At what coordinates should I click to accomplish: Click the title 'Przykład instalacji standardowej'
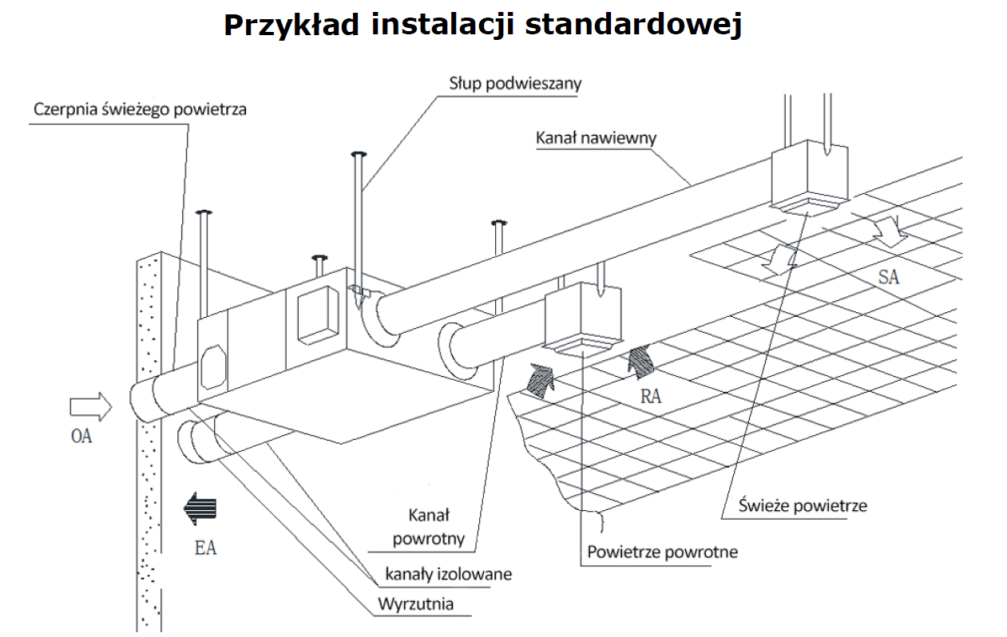point(483,25)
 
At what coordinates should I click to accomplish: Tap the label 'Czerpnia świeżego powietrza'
point(140,109)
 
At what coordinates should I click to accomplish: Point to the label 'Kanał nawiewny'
point(597,137)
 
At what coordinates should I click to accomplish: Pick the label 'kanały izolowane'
point(448,573)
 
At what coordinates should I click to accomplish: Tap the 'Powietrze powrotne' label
point(662,552)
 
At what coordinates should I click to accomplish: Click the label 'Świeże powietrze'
point(803,505)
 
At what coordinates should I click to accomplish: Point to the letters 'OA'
point(81,437)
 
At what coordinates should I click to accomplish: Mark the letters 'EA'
point(205,548)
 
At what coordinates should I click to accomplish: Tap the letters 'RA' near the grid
point(651,397)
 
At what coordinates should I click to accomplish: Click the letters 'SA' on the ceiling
point(889,277)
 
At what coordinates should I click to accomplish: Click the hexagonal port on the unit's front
point(213,366)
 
